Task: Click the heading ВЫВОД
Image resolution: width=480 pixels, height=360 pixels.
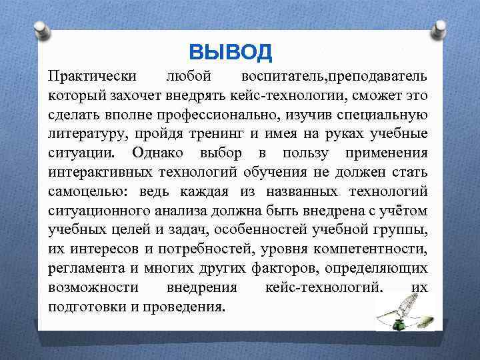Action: [231, 51]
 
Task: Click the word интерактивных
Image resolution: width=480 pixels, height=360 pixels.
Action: [93, 172]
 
